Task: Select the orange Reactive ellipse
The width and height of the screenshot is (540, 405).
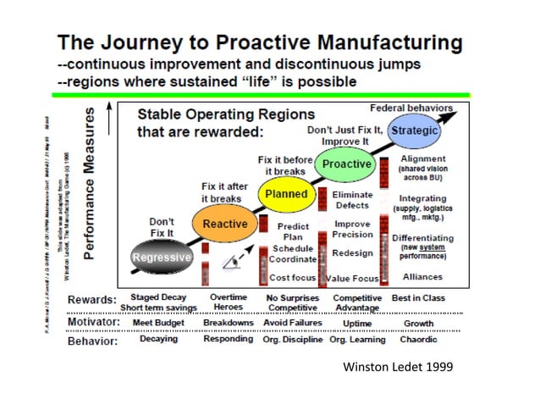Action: pyautogui.click(x=224, y=225)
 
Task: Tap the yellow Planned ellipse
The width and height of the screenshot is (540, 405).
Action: pyautogui.click(x=286, y=194)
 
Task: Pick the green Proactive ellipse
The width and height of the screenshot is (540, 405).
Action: pyautogui.click(x=347, y=164)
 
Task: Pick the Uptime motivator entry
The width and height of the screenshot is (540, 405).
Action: pyautogui.click(x=353, y=323)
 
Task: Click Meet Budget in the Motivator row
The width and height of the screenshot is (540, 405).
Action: pyautogui.click(x=158, y=323)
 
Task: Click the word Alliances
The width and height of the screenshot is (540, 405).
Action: pyautogui.click(x=422, y=277)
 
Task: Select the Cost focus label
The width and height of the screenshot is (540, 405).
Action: pyautogui.click(x=293, y=277)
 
